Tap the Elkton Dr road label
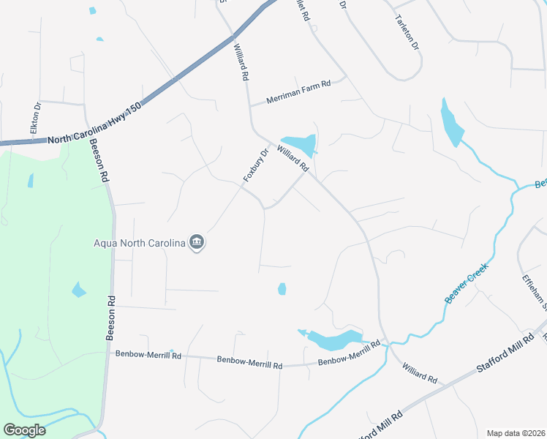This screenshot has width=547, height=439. [34, 118]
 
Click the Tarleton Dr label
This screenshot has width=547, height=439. [407, 32]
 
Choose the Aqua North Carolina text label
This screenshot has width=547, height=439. [139, 243]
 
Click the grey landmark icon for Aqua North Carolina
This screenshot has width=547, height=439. [196, 243]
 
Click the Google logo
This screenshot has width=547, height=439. [24, 430]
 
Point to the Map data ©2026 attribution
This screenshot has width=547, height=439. [515, 433]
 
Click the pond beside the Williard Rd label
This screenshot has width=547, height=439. [300, 144]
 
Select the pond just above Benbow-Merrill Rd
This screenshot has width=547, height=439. [333, 339]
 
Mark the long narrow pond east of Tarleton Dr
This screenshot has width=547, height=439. [451, 122]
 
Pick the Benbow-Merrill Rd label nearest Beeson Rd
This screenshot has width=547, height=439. [148, 355]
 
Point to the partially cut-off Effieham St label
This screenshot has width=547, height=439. [533, 290]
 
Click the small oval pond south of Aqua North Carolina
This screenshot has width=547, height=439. [282, 289]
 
